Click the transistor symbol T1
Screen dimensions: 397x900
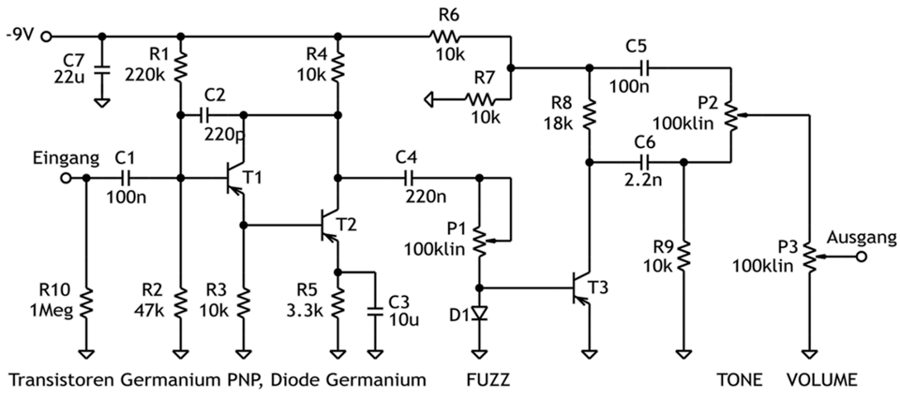(234, 177)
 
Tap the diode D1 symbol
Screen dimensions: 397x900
(480, 313)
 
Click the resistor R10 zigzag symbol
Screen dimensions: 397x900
(85, 301)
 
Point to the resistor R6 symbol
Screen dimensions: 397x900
(447, 37)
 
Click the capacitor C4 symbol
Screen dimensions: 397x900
(409, 177)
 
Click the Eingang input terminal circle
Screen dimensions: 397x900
(65, 177)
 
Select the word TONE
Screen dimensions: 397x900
(740, 381)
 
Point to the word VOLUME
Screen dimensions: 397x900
(821, 381)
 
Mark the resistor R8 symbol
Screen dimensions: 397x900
(590, 114)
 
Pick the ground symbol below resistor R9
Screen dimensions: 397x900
(683, 355)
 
